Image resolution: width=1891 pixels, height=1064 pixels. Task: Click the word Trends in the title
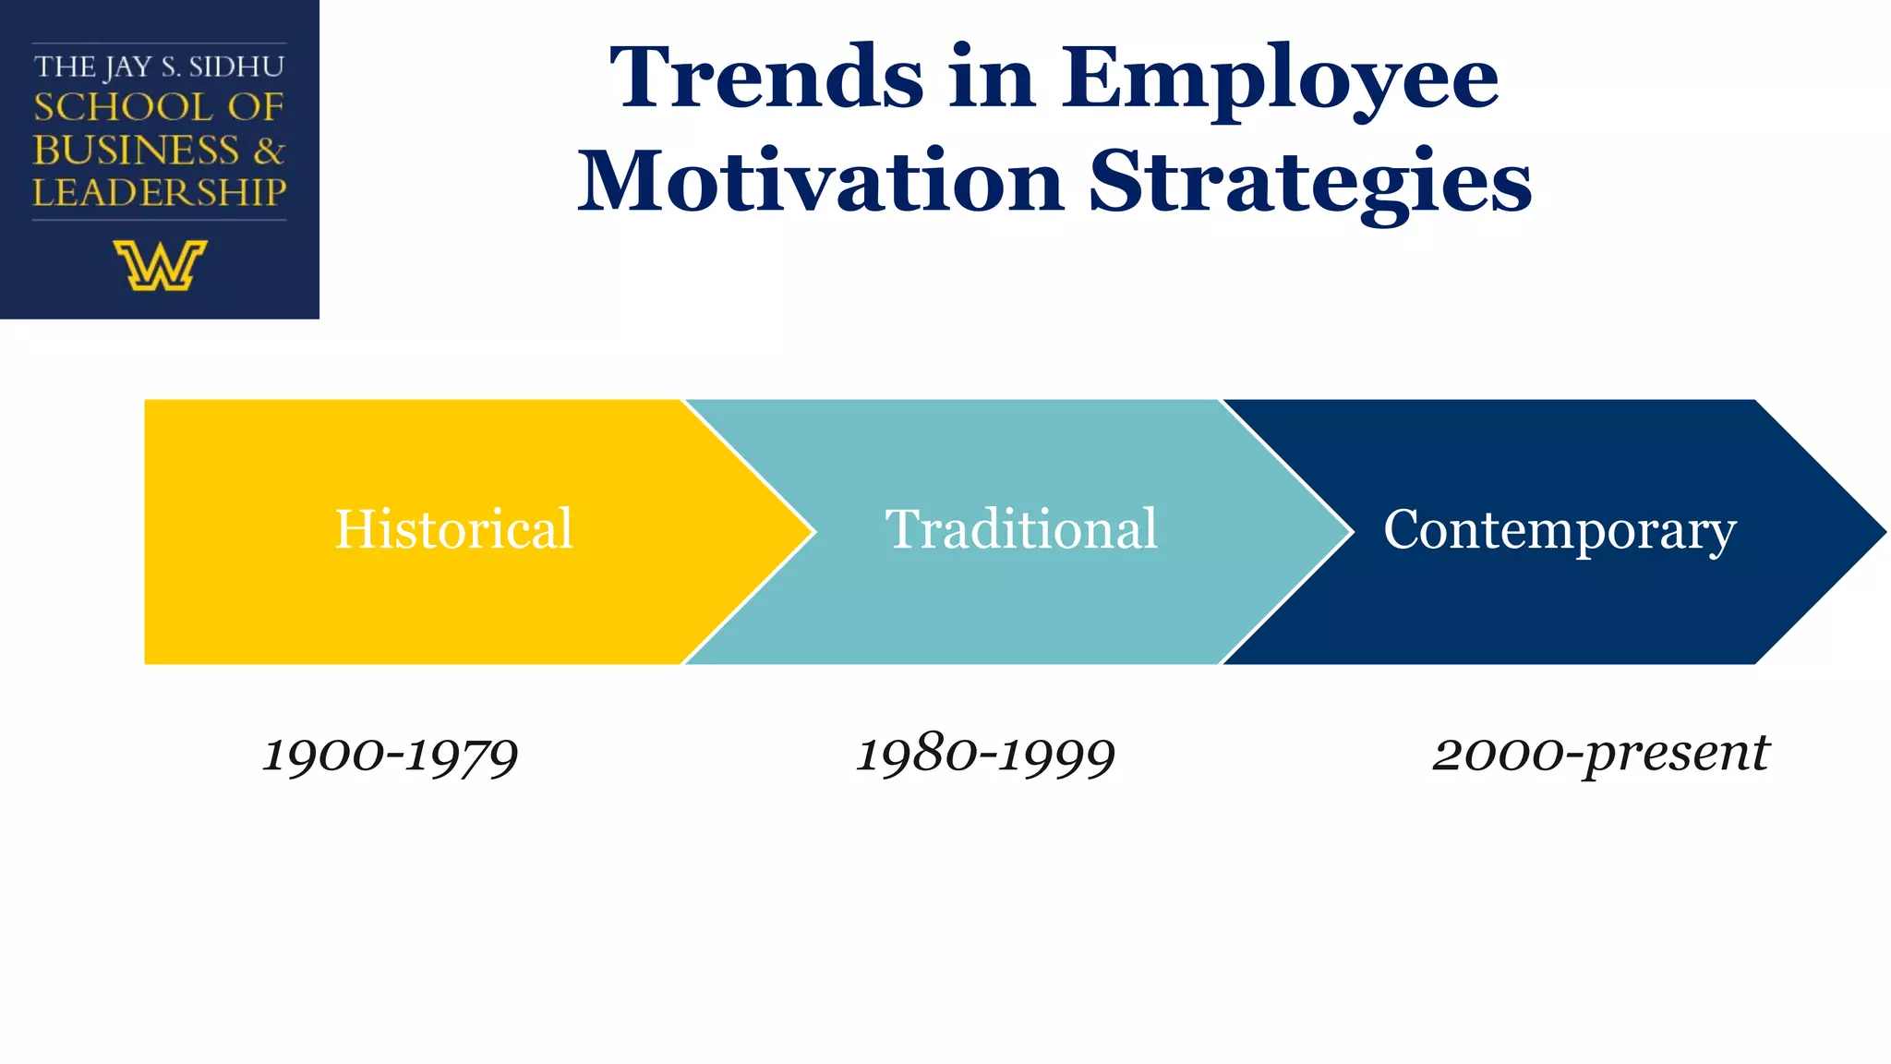coord(766,79)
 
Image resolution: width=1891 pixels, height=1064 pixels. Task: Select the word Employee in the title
coord(1280,81)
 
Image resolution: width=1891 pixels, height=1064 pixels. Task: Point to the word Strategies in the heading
coord(1310,184)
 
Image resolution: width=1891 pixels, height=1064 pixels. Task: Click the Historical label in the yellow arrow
coord(453,529)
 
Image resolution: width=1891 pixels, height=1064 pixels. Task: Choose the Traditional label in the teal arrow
coord(1021,529)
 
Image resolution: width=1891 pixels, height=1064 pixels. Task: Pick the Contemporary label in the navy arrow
coord(1560,531)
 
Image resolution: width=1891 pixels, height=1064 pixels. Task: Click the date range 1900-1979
coord(391,755)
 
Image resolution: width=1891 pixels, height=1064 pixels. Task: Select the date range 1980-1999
coord(986,755)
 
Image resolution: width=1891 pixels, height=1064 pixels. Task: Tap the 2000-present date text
coord(1600,755)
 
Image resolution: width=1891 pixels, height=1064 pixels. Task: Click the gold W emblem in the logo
coord(160,265)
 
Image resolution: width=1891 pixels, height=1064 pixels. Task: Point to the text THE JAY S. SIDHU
coord(159,66)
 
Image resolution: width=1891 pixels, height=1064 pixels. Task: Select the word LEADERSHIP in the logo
coord(159,192)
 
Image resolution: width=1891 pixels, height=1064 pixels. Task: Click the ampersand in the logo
coord(269,150)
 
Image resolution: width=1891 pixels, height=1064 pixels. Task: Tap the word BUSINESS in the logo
coord(136,150)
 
